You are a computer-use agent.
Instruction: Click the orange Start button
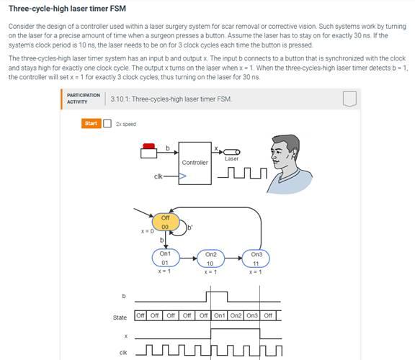(x=91, y=123)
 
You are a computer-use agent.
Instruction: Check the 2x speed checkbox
(x=107, y=123)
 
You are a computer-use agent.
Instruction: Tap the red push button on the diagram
(x=149, y=148)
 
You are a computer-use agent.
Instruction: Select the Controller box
(x=195, y=163)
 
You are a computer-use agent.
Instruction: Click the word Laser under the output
(x=232, y=158)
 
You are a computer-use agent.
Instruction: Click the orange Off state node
(x=165, y=222)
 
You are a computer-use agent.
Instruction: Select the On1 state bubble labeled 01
(x=165, y=258)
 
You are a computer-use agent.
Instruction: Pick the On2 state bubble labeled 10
(x=211, y=258)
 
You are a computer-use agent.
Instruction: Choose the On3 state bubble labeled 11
(x=256, y=258)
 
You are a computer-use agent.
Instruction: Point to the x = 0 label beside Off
(x=147, y=231)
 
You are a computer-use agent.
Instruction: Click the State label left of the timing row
(x=120, y=317)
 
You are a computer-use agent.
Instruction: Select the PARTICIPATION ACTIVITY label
(x=83, y=98)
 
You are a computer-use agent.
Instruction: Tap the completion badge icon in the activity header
(x=349, y=99)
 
